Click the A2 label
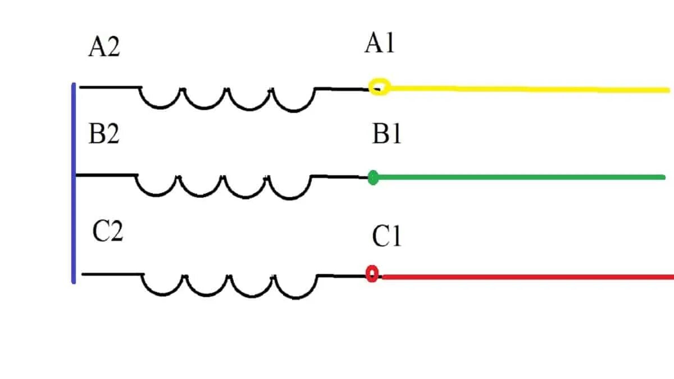pyautogui.click(x=104, y=48)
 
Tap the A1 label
pyautogui.click(x=380, y=43)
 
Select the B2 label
pyautogui.click(x=104, y=135)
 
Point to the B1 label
pyautogui.click(x=386, y=134)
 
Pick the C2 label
pyautogui.click(x=107, y=232)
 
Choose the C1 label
pyautogui.click(x=386, y=238)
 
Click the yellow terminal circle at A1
pyautogui.click(x=379, y=87)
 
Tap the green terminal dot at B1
pyautogui.click(x=372, y=178)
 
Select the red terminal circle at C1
pyautogui.click(x=372, y=274)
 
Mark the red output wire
pyautogui.click(x=528, y=277)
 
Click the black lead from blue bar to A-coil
pyautogui.click(x=110, y=87)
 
